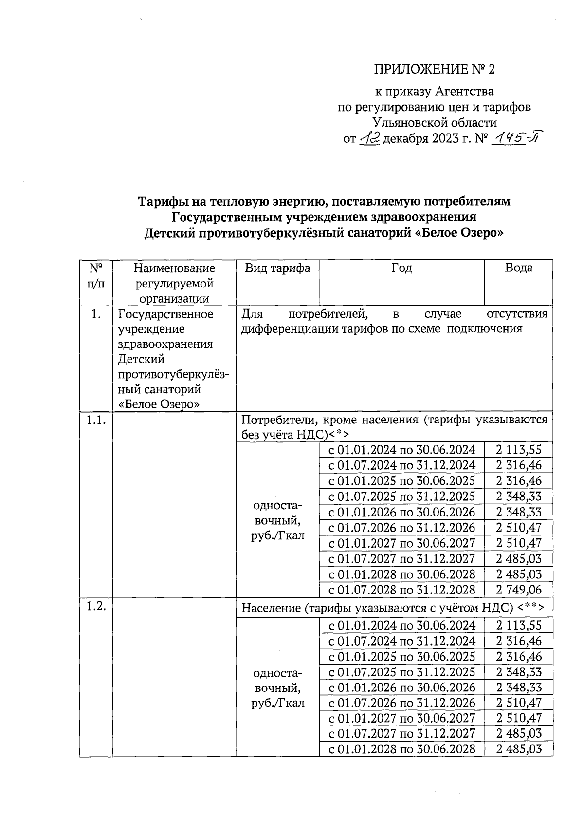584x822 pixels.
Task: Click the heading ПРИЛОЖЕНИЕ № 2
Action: tap(434, 69)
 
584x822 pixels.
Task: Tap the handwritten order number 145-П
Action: tap(516, 139)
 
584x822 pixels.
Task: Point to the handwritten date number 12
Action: tap(370, 139)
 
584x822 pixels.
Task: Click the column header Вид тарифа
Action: tap(277, 268)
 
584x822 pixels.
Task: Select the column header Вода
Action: tap(519, 268)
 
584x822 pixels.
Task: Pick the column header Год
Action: tap(401, 268)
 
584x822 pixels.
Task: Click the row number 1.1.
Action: tap(96, 421)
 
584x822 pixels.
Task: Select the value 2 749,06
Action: tap(519, 590)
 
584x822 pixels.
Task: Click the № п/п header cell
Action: tap(96, 275)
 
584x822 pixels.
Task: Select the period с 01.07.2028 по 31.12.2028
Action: tap(402, 590)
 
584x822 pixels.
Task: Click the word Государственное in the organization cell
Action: tap(165, 314)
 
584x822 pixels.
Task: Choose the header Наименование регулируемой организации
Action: tap(174, 283)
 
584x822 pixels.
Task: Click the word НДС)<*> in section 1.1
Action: tap(322, 435)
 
